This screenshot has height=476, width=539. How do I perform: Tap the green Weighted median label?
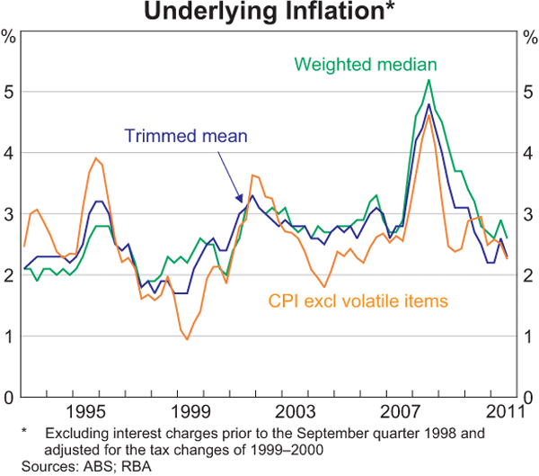tap(365, 65)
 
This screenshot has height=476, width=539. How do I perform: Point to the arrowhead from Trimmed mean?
tap(240, 200)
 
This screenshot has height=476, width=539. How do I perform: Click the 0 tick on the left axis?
tap(9, 398)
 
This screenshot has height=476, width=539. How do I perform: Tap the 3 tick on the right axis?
tap(530, 214)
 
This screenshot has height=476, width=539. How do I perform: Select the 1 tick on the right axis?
tap(530, 337)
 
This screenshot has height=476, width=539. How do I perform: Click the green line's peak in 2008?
tap(429, 80)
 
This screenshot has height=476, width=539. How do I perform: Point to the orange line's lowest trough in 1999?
tap(187, 339)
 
